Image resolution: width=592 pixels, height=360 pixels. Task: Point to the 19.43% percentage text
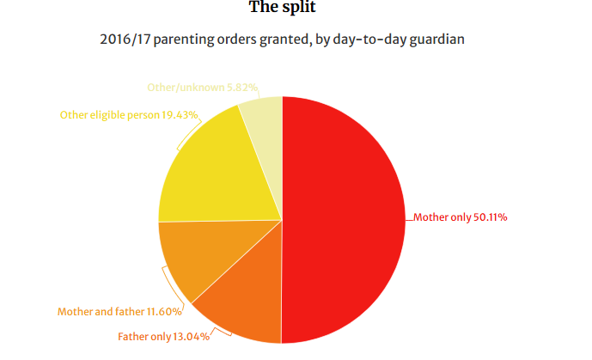point(180,114)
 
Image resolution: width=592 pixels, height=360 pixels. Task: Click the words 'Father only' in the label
point(145,336)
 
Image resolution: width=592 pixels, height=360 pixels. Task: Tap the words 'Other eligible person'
point(109,114)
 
